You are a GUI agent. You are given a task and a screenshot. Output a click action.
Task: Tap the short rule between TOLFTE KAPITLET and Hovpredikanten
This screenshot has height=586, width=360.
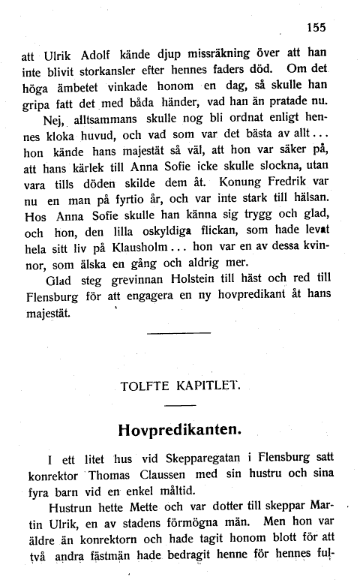179,406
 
